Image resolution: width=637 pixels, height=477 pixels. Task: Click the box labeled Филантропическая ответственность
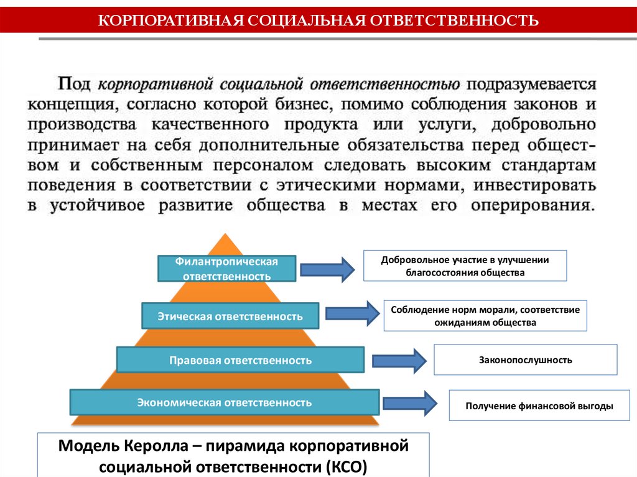(226, 268)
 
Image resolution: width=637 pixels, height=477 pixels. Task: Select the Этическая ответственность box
(230, 316)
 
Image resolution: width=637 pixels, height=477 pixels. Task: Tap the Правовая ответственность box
(240, 360)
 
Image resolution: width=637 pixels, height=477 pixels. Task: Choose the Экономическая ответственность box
(225, 402)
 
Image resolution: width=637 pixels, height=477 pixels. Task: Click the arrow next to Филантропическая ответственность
(327, 269)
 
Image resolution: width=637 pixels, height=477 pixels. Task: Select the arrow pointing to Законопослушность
(399, 360)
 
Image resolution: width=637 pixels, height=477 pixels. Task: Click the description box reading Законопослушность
(525, 359)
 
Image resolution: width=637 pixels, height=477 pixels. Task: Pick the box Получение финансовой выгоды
(539, 406)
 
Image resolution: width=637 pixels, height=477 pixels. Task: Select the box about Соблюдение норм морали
(485, 316)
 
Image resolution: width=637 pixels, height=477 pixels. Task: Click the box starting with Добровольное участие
(465, 266)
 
